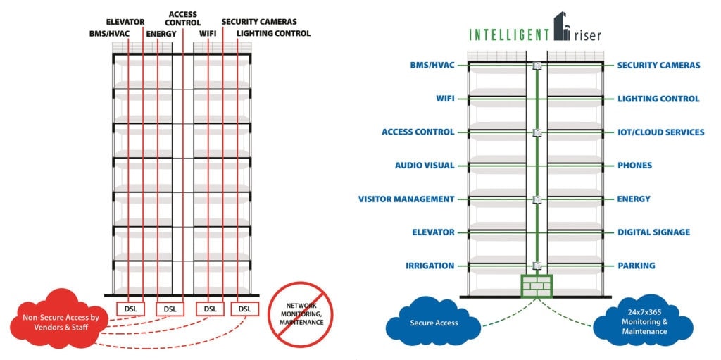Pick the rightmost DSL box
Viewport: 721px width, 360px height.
click(x=244, y=309)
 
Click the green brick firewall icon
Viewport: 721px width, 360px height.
click(x=537, y=285)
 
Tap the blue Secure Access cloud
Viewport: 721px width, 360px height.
click(x=434, y=323)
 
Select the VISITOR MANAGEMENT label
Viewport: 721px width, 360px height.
click(x=406, y=199)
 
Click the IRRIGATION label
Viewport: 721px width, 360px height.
click(x=430, y=266)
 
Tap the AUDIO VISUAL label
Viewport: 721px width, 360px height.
click(x=425, y=166)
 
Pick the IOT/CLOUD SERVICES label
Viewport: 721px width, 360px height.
click(x=660, y=132)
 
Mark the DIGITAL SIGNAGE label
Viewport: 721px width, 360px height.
click(x=653, y=232)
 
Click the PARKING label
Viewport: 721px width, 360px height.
click(x=636, y=266)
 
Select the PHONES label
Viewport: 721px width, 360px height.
click(x=634, y=166)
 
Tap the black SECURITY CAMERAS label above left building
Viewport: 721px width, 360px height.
click(x=258, y=22)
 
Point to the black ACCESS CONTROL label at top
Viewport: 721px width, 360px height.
click(x=183, y=18)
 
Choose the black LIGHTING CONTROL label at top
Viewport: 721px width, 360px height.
click(x=273, y=33)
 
